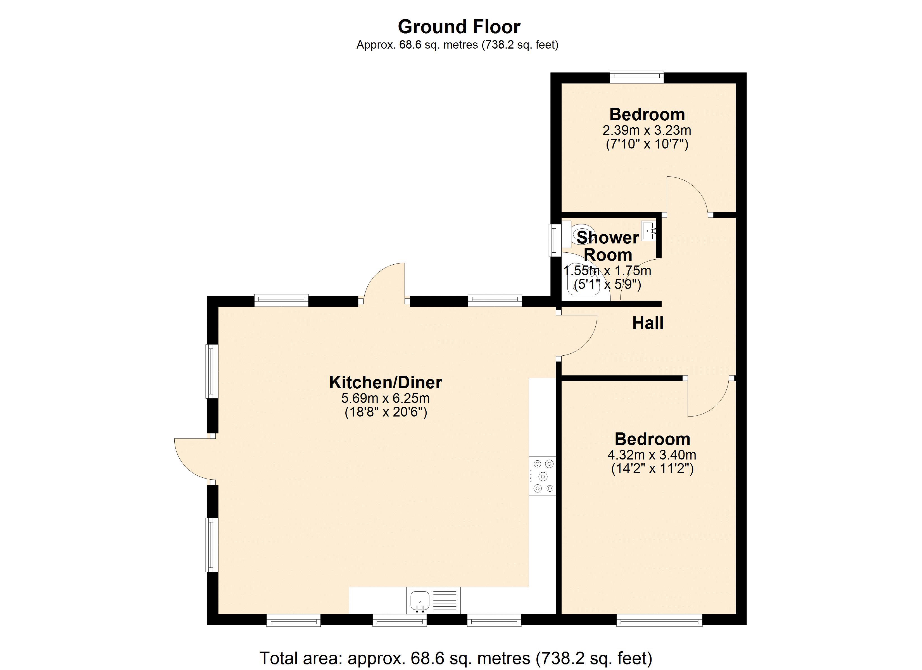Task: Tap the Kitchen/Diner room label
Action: pyautogui.click(x=385, y=382)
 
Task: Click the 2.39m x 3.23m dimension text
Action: pyautogui.click(x=646, y=130)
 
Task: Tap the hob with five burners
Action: pyautogui.click(x=542, y=476)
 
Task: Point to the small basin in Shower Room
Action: pyautogui.click(x=648, y=231)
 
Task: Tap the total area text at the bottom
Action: pyautogui.click(x=456, y=658)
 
